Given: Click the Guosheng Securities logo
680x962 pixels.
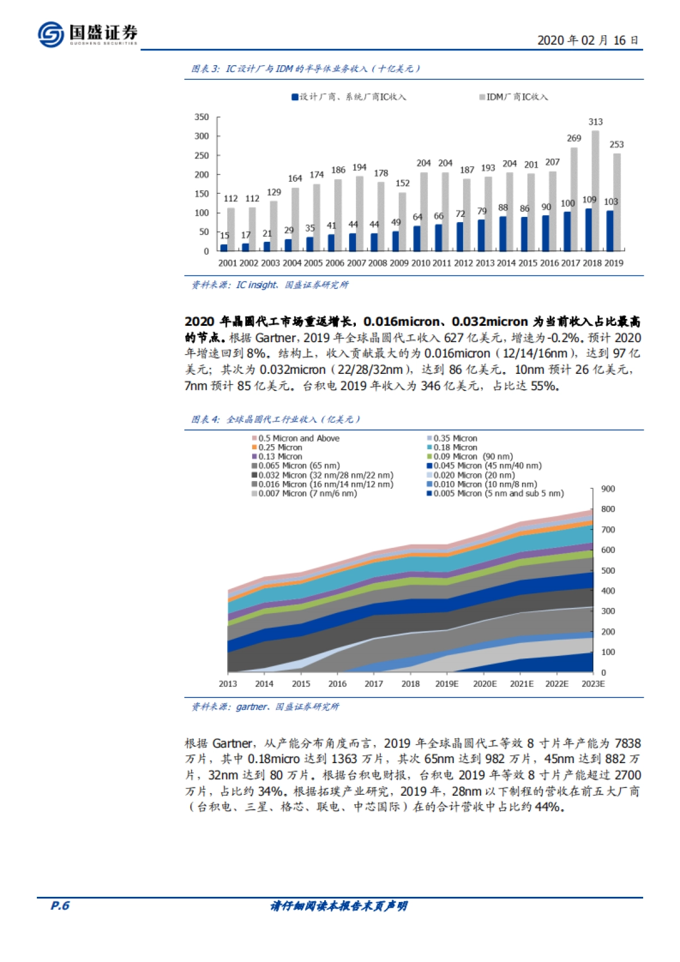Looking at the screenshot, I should click(x=88, y=34).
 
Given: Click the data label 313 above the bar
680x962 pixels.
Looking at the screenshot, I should click(x=595, y=122).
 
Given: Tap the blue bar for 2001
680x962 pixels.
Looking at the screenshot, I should click(x=224, y=248).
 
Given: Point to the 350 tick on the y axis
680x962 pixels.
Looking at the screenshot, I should click(x=202, y=117).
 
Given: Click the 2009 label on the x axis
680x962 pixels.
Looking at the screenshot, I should click(x=399, y=263).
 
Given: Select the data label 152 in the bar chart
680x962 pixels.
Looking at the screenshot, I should click(x=402, y=183).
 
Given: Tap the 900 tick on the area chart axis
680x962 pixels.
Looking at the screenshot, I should click(x=608, y=489).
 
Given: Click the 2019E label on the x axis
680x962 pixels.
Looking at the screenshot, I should click(x=447, y=684).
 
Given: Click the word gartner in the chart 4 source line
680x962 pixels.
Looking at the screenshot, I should click(x=251, y=706).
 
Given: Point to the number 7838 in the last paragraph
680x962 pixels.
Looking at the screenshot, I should click(x=627, y=743).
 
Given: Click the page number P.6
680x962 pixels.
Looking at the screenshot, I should click(x=59, y=905).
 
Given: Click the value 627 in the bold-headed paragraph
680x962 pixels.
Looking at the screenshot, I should click(x=453, y=338).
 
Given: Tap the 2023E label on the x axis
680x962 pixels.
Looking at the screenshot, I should click(x=593, y=684).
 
